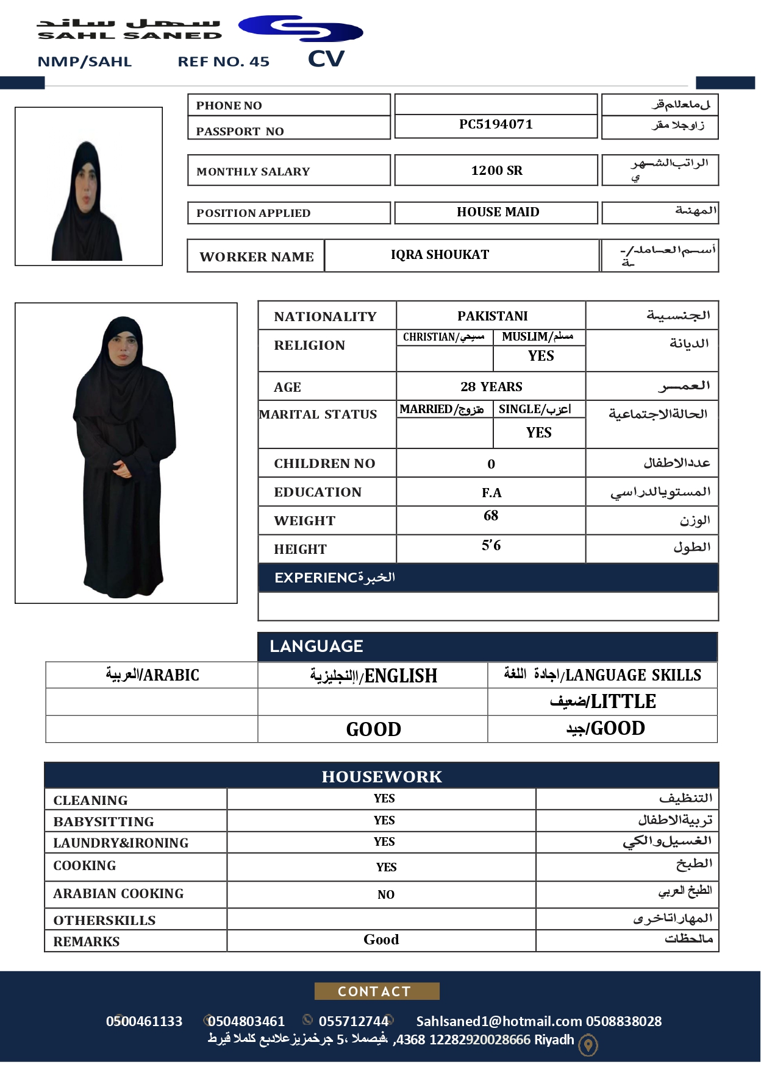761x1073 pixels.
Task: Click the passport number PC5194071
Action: (x=496, y=124)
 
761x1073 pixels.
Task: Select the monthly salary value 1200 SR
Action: (x=496, y=171)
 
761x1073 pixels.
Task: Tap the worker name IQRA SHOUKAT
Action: (x=440, y=255)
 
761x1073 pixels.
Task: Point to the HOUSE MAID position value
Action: (x=498, y=212)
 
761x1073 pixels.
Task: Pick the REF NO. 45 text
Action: (x=223, y=62)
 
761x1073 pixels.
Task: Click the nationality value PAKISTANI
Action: (x=492, y=316)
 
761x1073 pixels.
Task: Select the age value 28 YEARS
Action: (x=491, y=386)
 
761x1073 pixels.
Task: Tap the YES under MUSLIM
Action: (x=540, y=356)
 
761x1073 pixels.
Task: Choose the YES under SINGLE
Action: (x=538, y=433)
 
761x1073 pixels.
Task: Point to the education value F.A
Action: (x=491, y=492)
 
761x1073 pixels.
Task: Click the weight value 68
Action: (x=491, y=515)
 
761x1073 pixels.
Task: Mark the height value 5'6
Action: (x=491, y=545)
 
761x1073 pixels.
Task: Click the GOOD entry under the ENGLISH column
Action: (x=373, y=729)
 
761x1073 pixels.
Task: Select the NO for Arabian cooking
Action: (x=385, y=894)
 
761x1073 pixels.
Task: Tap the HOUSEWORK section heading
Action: (x=382, y=776)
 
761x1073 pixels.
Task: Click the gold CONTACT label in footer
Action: (x=376, y=991)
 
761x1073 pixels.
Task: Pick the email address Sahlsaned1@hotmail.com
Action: (x=499, y=1021)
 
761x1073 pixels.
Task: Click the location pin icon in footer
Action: (x=588, y=1046)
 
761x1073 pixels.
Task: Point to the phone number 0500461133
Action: (x=144, y=1021)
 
